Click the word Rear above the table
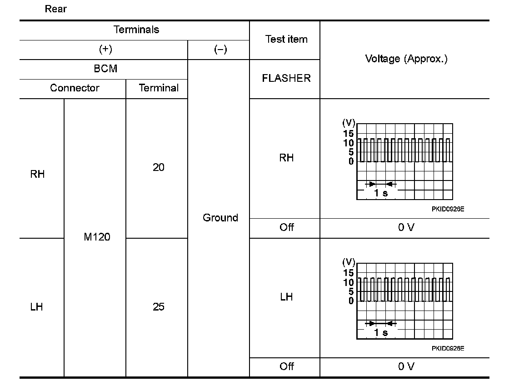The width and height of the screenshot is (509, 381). (55, 9)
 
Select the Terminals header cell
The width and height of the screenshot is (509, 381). (136, 30)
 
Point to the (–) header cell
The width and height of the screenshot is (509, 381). (220, 50)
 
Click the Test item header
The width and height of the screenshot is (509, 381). (286, 40)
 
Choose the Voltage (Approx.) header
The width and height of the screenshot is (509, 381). (406, 59)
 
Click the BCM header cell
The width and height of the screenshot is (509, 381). (105, 69)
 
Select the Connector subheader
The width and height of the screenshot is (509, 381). (75, 88)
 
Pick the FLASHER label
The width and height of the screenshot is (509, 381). (286, 78)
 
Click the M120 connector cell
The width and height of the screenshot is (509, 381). (97, 237)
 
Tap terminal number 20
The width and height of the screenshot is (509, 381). (158, 168)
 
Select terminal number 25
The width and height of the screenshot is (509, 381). (158, 307)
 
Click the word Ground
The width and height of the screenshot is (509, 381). (220, 218)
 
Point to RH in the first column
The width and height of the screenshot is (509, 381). (38, 175)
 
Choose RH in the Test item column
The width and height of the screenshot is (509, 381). (286, 158)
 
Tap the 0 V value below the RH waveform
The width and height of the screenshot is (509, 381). (406, 227)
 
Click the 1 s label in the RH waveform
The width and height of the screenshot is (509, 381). (381, 193)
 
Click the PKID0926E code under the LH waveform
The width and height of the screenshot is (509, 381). (448, 348)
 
